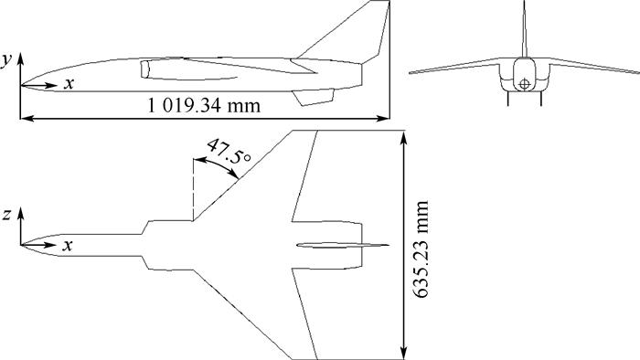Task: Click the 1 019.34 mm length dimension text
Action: [x=203, y=106]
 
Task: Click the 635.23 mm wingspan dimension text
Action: [x=420, y=249]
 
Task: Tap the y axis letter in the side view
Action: [x=5, y=60]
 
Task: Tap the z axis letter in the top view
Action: [x=6, y=215]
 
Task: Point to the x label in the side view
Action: [x=69, y=83]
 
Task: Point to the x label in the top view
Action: [x=68, y=246]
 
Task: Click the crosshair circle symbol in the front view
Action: [x=524, y=84]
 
